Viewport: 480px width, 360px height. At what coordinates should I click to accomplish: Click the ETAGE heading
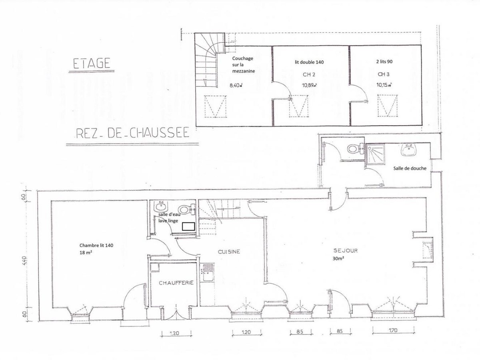(x=92, y=63)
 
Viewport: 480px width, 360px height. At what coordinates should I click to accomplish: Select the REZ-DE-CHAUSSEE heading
(x=133, y=133)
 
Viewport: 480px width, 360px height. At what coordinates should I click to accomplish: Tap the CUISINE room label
(x=229, y=252)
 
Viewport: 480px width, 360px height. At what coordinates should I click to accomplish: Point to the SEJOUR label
(x=346, y=250)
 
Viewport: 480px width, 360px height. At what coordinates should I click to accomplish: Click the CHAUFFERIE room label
(x=176, y=283)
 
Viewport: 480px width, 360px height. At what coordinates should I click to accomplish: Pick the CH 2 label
(x=309, y=75)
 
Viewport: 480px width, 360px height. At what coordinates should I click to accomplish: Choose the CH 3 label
(x=384, y=74)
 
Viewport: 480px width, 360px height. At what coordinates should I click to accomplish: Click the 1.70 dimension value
(x=393, y=330)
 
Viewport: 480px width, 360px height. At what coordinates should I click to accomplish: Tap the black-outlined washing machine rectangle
(x=188, y=227)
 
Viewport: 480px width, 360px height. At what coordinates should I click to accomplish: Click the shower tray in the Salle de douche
(x=376, y=154)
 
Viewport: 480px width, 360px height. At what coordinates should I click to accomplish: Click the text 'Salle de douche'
(x=410, y=168)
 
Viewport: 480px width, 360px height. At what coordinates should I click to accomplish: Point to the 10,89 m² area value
(x=310, y=85)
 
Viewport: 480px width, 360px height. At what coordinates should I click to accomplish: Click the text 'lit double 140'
(x=309, y=62)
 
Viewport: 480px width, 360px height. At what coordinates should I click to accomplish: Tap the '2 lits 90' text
(x=384, y=62)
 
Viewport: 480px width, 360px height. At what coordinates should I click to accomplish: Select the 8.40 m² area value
(x=236, y=85)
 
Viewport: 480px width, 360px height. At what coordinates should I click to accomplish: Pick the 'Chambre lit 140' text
(x=96, y=246)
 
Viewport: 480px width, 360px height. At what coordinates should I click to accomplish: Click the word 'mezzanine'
(x=244, y=71)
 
